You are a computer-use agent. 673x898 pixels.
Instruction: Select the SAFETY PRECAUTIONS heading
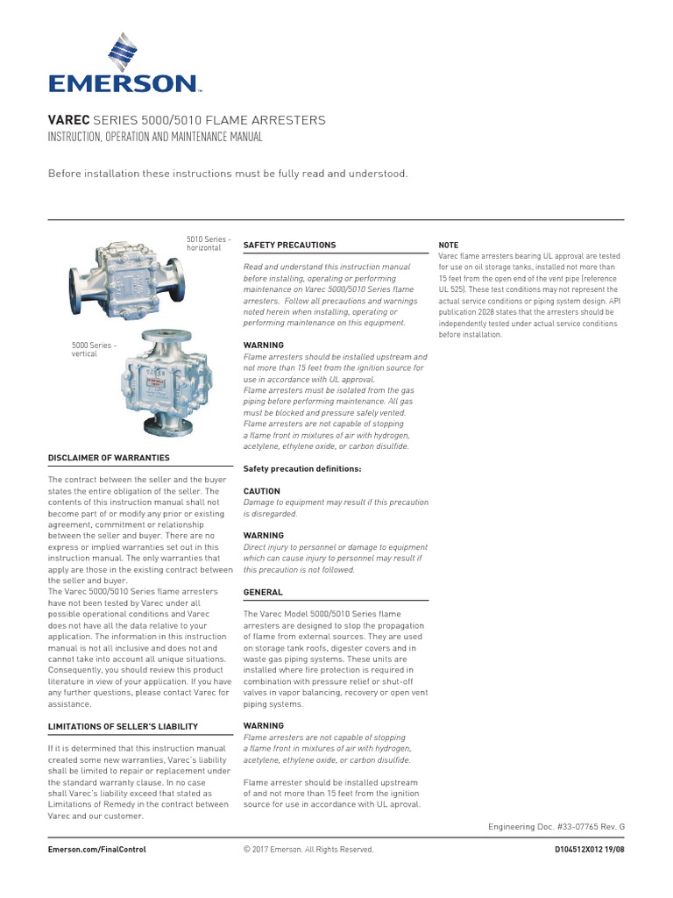click(288, 245)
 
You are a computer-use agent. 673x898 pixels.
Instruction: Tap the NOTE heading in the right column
click(448, 245)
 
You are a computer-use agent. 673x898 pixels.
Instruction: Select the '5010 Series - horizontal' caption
click(209, 243)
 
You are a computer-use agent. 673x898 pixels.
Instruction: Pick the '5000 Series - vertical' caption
click(92, 350)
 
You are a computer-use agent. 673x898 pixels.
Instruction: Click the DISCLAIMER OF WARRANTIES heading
click(109, 458)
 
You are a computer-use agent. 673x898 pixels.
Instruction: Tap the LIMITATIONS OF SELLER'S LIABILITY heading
click(123, 726)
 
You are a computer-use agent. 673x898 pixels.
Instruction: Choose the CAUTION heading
click(261, 491)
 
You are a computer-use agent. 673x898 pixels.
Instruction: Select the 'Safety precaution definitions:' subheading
click(301, 469)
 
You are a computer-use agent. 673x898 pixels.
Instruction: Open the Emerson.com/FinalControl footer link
click(96, 849)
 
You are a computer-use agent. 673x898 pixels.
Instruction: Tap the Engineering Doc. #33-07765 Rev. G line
click(556, 826)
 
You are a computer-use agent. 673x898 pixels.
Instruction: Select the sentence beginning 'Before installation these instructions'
click(228, 174)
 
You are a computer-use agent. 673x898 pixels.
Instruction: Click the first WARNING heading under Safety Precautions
click(263, 346)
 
